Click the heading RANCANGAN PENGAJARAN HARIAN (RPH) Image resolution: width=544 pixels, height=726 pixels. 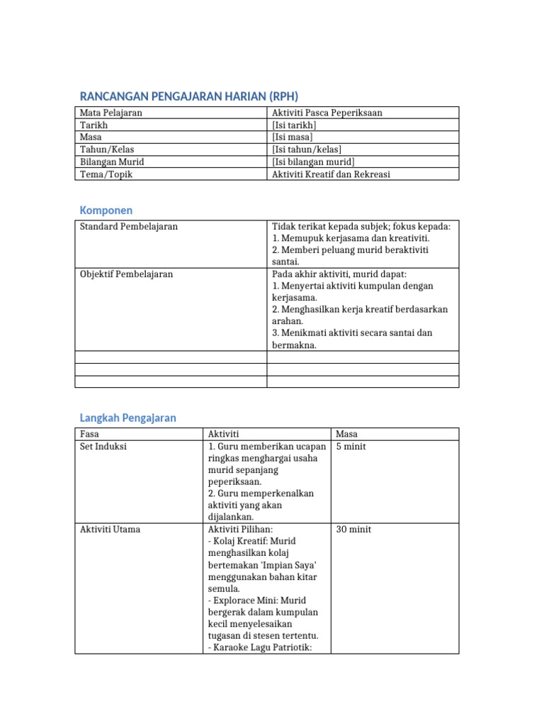(x=188, y=96)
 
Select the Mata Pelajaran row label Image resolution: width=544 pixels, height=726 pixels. (x=111, y=113)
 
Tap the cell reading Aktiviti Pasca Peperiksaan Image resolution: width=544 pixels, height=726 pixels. (x=327, y=113)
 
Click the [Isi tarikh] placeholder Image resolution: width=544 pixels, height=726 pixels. (x=294, y=125)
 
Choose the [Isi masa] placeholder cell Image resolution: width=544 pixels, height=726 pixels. (x=292, y=137)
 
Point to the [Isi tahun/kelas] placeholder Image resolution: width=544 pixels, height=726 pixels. (x=306, y=149)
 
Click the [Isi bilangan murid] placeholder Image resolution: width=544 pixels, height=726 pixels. (x=313, y=162)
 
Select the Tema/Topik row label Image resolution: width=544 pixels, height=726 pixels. (x=106, y=174)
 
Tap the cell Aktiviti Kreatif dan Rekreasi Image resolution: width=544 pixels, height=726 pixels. (x=331, y=174)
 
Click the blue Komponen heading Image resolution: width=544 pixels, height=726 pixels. (x=106, y=211)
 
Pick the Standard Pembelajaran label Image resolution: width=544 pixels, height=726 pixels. (x=129, y=226)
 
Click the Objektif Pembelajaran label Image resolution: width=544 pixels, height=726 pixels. (x=126, y=274)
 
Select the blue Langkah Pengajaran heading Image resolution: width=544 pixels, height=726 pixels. (x=127, y=418)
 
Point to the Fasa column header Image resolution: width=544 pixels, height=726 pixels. (x=89, y=434)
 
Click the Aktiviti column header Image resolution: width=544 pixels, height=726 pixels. (x=224, y=434)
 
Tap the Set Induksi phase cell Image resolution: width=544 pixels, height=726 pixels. (x=103, y=447)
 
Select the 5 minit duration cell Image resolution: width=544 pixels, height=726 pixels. (x=351, y=447)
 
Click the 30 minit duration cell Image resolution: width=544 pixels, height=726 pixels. (x=353, y=530)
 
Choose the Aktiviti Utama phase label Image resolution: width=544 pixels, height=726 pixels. (x=110, y=530)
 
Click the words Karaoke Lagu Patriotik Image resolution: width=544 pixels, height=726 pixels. (x=263, y=647)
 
